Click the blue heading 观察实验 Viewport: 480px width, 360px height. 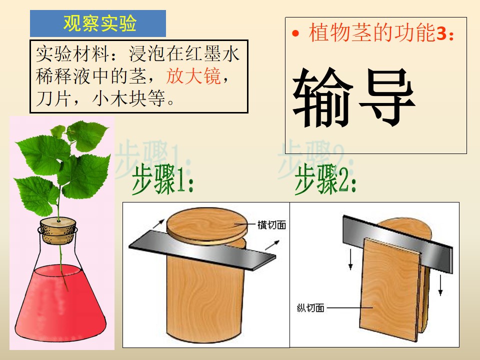point(100,23)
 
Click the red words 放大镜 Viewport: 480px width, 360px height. point(193,76)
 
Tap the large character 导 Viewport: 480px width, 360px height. point(387,97)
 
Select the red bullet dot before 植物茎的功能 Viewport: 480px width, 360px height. point(295,33)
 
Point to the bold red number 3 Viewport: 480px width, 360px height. point(441,33)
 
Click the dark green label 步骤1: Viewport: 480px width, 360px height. point(162,179)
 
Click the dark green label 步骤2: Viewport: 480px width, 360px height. point(325,179)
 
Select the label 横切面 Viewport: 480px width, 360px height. point(271,225)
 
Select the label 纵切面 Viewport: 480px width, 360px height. point(310,307)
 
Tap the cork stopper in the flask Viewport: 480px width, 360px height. point(58,230)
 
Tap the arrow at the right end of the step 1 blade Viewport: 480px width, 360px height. point(272,245)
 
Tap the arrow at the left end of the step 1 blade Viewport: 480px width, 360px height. point(158,224)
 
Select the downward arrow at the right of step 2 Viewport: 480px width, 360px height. point(440,285)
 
